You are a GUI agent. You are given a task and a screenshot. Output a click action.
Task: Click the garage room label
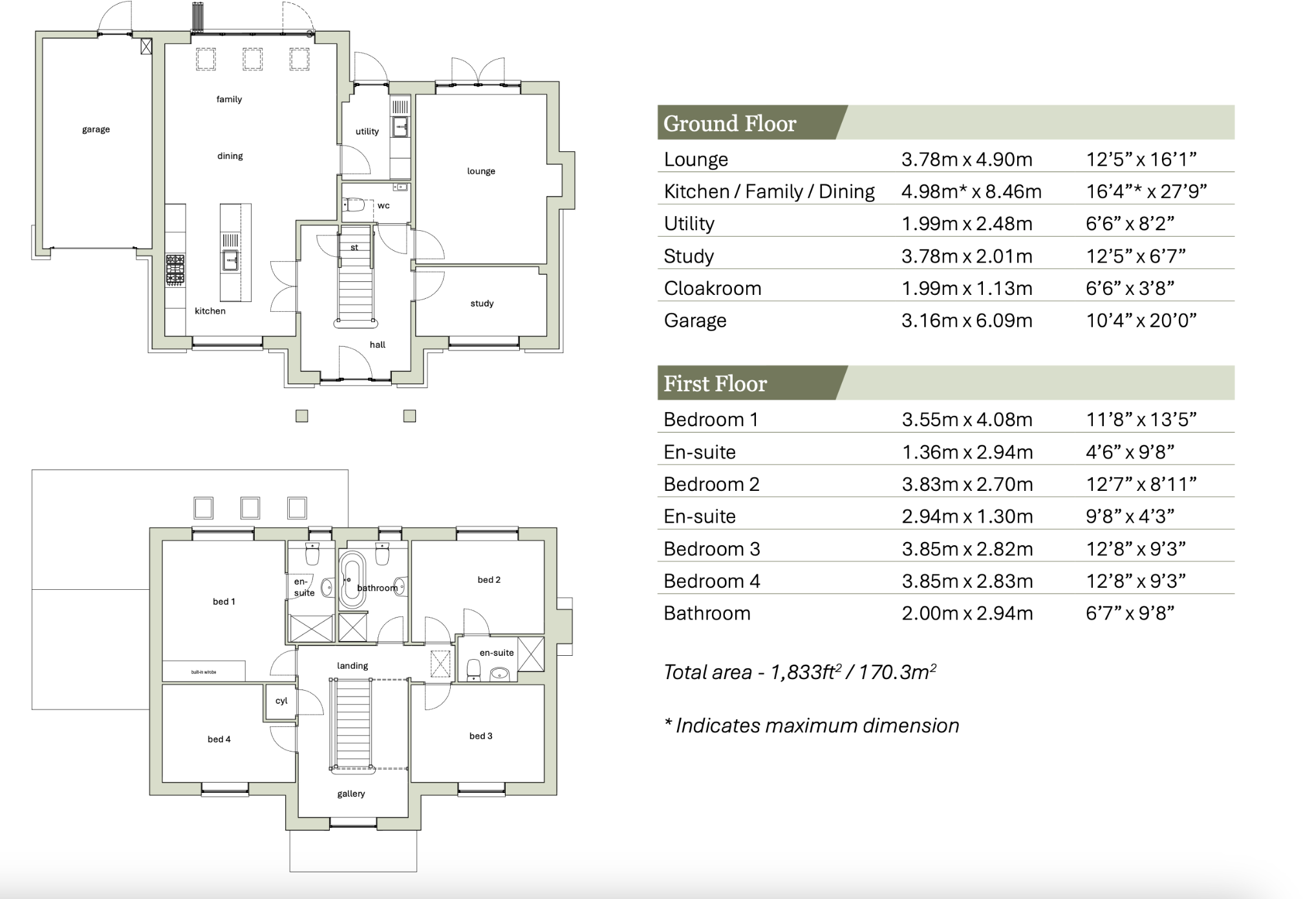point(96,129)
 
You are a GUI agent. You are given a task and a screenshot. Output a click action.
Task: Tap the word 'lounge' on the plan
point(481,171)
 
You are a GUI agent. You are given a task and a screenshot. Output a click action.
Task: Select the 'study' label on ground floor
point(482,303)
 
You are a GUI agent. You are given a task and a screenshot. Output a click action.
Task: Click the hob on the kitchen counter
point(175,270)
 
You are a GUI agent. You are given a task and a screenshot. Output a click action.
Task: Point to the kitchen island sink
point(230,260)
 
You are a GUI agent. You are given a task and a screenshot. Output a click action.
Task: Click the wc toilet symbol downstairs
point(354,205)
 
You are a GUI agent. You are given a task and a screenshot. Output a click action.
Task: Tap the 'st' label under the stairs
point(354,248)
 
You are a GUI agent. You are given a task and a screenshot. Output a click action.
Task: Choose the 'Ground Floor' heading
point(729,123)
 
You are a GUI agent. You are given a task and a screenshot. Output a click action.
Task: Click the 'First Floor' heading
point(715,384)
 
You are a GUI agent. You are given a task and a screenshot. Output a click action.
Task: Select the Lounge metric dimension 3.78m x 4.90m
point(967,159)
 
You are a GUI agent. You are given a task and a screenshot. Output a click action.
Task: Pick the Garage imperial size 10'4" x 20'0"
point(1141,320)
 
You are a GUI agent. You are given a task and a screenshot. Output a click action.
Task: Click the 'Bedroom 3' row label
point(711,548)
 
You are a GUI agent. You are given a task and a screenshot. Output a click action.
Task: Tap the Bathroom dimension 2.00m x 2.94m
point(967,613)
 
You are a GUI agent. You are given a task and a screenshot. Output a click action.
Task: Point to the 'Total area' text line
point(799,672)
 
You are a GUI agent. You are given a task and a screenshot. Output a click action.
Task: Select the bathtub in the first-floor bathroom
point(352,579)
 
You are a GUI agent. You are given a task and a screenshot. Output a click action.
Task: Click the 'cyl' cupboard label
point(281,701)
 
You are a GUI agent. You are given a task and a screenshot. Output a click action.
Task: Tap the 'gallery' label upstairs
point(351,794)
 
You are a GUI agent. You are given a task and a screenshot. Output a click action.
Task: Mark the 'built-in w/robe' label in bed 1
point(204,672)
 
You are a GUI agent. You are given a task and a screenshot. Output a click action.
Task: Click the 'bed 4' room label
point(219,739)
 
